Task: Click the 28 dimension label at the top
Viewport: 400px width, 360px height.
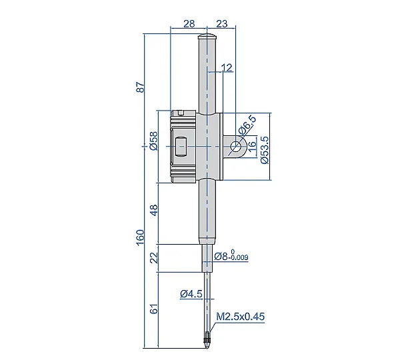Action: pos(189,24)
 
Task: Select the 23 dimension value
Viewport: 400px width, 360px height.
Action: pos(222,24)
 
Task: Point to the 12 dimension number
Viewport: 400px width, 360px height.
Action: pos(227,67)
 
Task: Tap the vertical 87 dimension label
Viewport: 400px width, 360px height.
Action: pos(141,87)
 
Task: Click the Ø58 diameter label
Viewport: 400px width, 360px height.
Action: pos(154,141)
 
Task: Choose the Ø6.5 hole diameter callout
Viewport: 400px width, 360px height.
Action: pos(247,125)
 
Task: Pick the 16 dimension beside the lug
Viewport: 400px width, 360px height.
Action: pos(252,147)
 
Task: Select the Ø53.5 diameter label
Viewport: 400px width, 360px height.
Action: pos(265,150)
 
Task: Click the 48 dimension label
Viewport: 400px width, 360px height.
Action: pos(155,210)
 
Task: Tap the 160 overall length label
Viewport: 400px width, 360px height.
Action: pos(141,237)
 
